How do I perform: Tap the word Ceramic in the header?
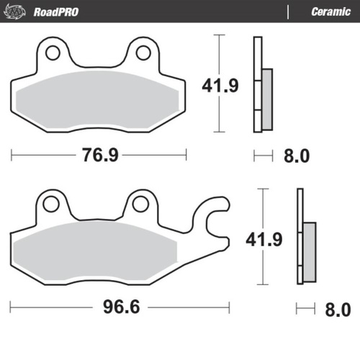(330, 12)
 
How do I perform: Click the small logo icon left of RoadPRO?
(19, 12)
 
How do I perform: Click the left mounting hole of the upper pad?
(50, 52)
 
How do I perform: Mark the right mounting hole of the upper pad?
(141, 52)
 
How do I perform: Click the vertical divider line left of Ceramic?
(289, 12)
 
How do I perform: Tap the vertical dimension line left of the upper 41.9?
(217, 84)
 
